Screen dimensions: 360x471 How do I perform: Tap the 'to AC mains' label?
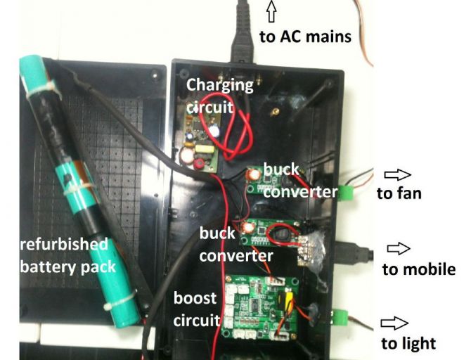click(305, 36)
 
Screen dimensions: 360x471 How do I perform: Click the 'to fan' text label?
click(399, 193)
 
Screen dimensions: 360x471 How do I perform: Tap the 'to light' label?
click(408, 343)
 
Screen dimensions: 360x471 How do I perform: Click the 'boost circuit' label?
click(198, 309)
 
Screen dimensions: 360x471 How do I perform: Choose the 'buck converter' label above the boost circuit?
click(235, 243)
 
